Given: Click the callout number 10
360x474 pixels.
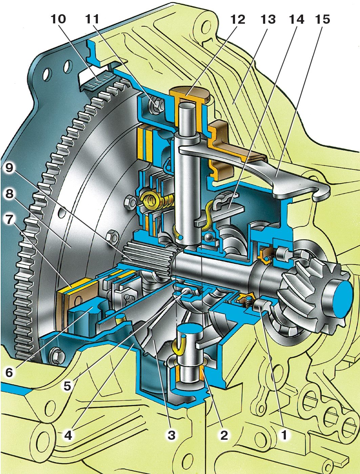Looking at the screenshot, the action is tap(59, 19).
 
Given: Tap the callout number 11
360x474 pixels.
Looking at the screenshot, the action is tap(92, 19).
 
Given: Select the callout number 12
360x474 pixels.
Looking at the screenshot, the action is tap(238, 19).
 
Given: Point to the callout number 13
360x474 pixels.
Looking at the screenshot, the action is tap(268, 19).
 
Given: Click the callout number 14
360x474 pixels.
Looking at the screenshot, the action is tap(297, 19).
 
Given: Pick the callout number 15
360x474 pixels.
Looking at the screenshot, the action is tap(323, 19).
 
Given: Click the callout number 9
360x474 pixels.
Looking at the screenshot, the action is tap(9, 168).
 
